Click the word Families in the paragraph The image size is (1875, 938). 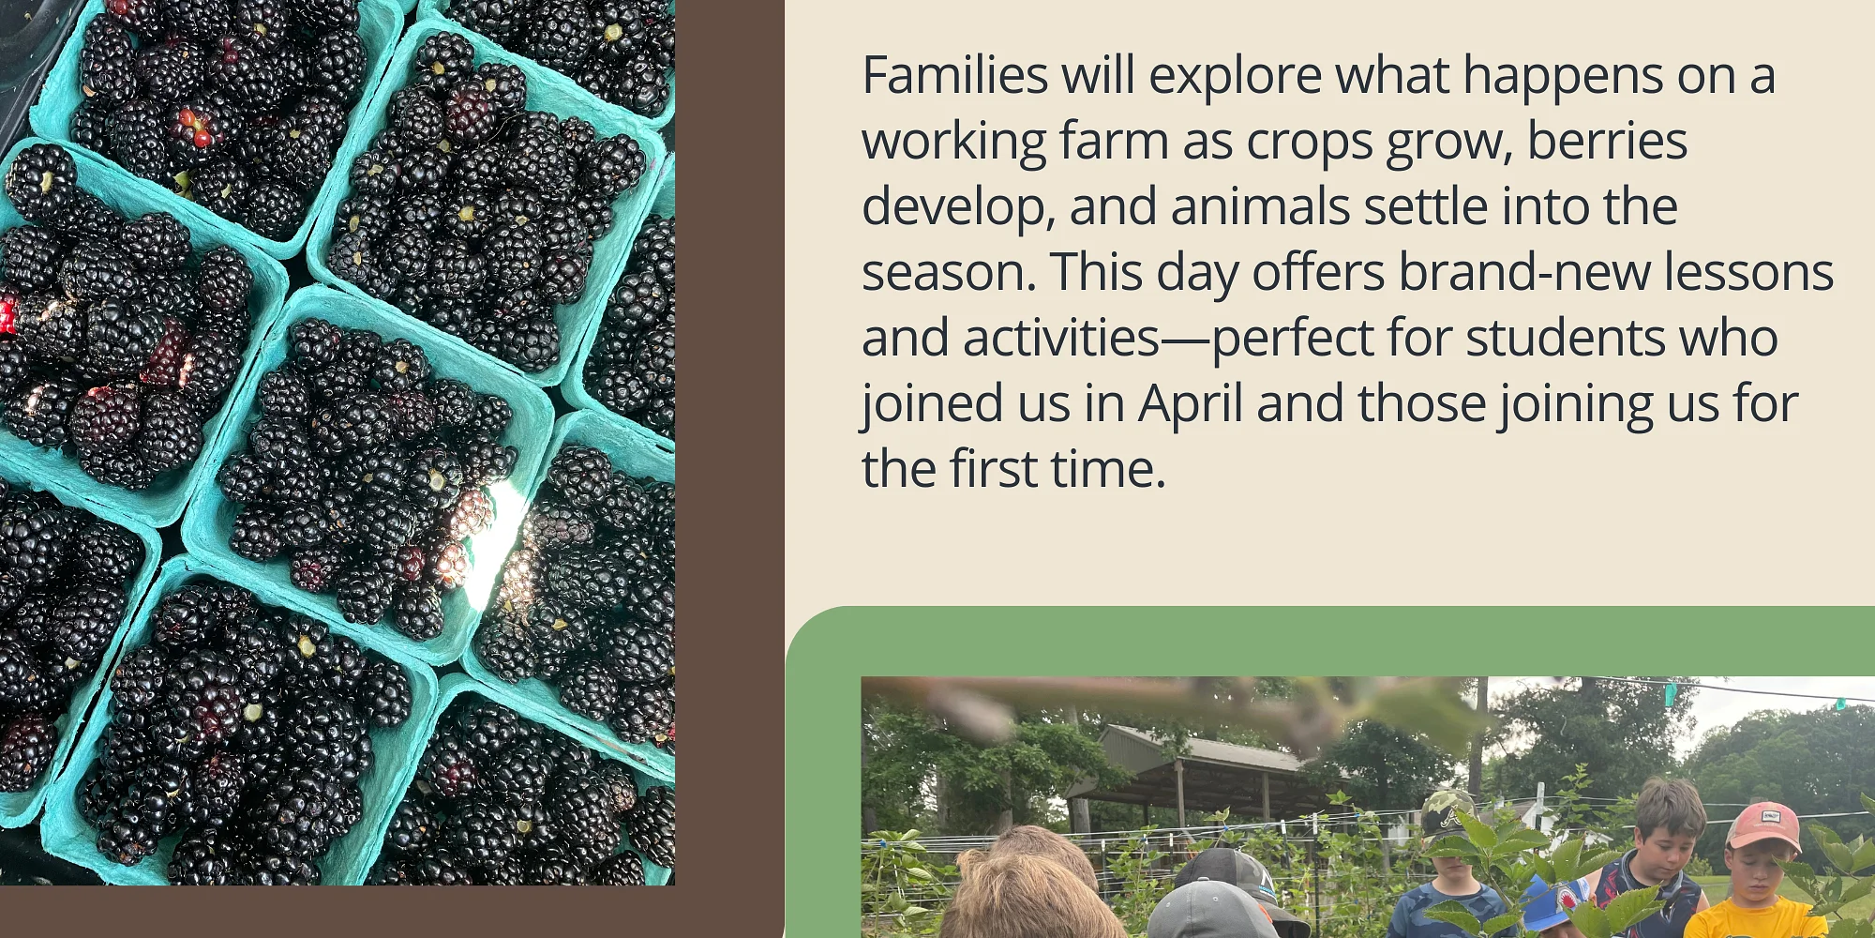pyautogui.click(x=954, y=75)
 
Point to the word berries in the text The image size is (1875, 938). pyautogui.click(x=1608, y=141)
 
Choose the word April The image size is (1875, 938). pyautogui.click(x=1191, y=405)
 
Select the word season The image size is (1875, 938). pyautogui.click(x=949, y=274)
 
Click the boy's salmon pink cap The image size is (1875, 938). pyautogui.click(x=1762, y=825)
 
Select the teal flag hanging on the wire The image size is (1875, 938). pyautogui.click(x=1670, y=694)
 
